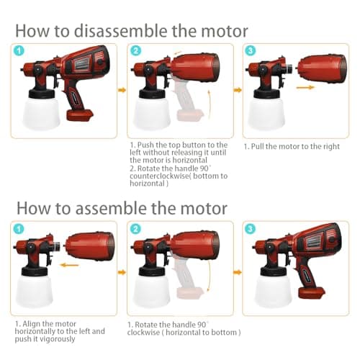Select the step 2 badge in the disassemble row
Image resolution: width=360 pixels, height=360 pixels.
click(x=135, y=51)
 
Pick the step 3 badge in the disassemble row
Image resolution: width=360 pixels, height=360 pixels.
click(x=250, y=51)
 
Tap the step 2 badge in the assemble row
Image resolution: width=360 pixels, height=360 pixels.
click(x=135, y=228)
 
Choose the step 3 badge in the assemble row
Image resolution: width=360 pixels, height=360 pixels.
click(x=250, y=228)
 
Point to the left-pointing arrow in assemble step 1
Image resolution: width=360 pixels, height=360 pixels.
click(x=70, y=264)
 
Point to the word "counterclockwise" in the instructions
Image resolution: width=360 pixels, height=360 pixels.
click(x=160, y=176)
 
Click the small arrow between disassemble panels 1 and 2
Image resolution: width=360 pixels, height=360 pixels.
click(x=121, y=91)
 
